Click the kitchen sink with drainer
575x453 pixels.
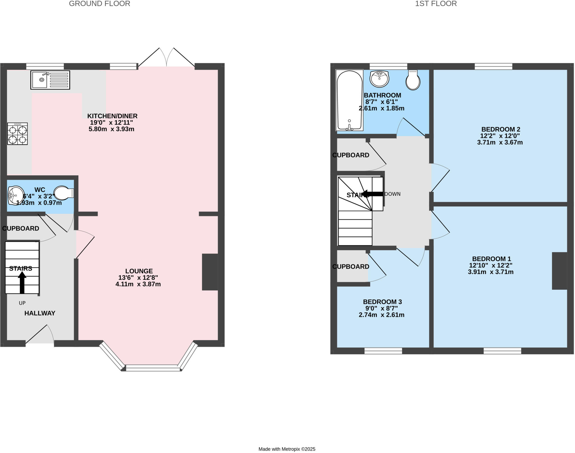(50, 80)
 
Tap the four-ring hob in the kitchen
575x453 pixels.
(17, 134)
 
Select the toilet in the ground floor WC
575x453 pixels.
(63, 193)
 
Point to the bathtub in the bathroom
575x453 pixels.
(349, 100)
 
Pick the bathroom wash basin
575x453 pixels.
(379, 78)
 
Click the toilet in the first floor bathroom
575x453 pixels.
(413, 80)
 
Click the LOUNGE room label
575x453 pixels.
(139, 271)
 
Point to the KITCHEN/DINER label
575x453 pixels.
(112, 116)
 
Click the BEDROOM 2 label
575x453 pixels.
(501, 129)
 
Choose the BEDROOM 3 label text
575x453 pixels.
(382, 302)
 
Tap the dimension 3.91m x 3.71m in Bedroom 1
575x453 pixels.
(490, 272)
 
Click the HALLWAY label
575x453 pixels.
(40, 313)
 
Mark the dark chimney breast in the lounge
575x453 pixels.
(210, 272)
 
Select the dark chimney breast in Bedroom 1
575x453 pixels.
(559, 271)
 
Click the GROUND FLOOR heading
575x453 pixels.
(99, 4)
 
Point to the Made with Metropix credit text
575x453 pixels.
(287, 449)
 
